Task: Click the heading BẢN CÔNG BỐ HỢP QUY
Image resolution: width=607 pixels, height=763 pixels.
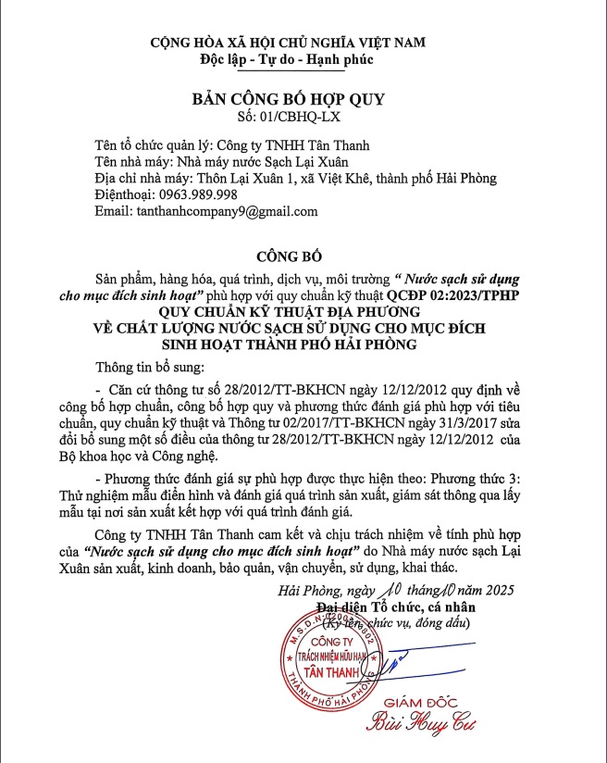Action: point(287,100)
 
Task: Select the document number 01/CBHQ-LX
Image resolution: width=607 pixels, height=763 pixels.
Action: point(303,119)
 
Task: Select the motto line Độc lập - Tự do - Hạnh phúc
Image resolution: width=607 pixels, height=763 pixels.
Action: point(287,59)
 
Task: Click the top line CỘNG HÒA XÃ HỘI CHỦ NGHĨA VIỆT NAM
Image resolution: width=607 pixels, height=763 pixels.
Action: point(289,43)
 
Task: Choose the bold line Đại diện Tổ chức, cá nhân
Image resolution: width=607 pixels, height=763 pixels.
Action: point(405,607)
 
